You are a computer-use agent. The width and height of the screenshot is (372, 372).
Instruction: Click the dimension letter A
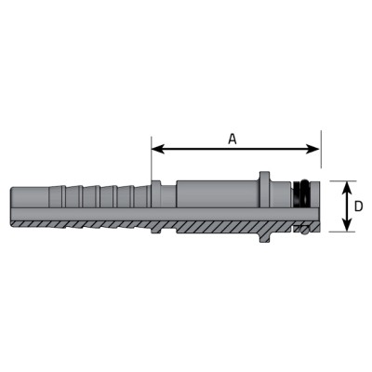(232, 139)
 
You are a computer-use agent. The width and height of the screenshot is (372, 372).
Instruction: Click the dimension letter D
(358, 206)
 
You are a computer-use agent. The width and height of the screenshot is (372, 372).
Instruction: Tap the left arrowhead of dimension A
(157, 149)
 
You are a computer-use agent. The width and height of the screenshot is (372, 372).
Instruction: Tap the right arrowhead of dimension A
(312, 149)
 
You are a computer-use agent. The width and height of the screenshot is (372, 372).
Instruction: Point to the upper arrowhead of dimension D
(348, 187)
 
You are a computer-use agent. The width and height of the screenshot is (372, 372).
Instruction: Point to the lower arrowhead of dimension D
(348, 225)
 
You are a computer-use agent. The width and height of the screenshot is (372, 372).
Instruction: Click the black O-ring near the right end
(300, 193)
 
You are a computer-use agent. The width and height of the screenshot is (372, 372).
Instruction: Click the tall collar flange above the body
(264, 190)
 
